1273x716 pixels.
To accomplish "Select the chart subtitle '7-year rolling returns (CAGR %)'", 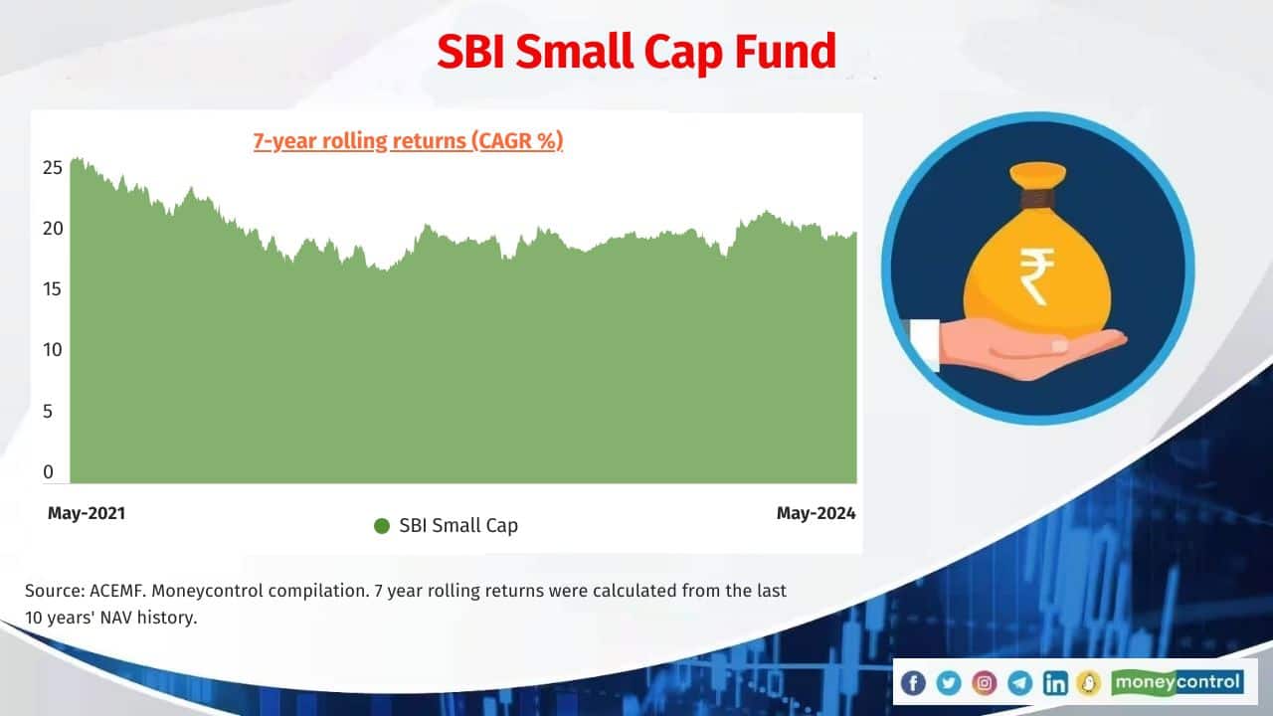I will point(408,141).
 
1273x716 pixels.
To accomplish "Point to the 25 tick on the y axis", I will point(53,166).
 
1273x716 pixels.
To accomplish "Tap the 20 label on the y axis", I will point(53,228).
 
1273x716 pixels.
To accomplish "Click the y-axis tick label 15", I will point(53,289).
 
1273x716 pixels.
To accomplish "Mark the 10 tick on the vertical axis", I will point(53,350).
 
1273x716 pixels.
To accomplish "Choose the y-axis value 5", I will point(48,411).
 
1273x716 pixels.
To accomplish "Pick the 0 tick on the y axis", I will point(48,472).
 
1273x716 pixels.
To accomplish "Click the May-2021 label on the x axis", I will point(87,513).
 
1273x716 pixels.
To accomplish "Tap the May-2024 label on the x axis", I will point(816,513).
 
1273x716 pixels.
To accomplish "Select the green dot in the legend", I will point(382,526).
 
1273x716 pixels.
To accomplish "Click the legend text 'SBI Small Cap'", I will point(458,526).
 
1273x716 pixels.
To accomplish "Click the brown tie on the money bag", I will point(1036,199).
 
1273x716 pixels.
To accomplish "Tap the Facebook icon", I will point(912,682).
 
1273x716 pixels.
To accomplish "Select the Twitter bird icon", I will point(948,682).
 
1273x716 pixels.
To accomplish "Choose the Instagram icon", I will point(984,682).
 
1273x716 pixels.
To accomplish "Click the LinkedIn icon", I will point(1055,682).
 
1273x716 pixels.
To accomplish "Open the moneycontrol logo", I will point(1178,682).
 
